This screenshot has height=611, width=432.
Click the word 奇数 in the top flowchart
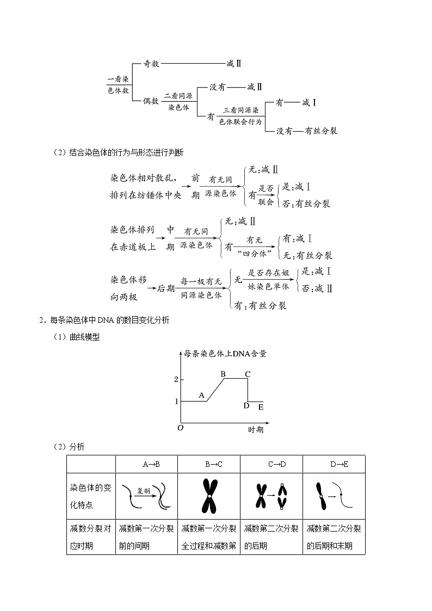(151, 64)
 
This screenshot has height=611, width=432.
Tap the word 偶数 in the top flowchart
(151, 101)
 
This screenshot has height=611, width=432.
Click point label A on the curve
(201, 396)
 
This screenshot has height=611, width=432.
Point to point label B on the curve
(223, 374)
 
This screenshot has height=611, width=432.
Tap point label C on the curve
(248, 374)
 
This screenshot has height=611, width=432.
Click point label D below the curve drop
(246, 405)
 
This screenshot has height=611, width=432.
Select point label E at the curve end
(261, 407)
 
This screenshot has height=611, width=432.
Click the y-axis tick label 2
(176, 379)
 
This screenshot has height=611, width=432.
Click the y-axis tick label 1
(176, 402)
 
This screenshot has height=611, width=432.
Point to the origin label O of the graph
(180, 429)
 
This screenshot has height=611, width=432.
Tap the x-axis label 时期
(256, 429)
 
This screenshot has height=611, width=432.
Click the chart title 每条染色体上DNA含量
(225, 353)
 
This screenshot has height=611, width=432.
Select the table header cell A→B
(151, 464)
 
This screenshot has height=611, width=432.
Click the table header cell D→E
(338, 464)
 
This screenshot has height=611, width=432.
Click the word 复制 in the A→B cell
(143, 490)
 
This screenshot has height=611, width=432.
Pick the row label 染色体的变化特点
(90, 496)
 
